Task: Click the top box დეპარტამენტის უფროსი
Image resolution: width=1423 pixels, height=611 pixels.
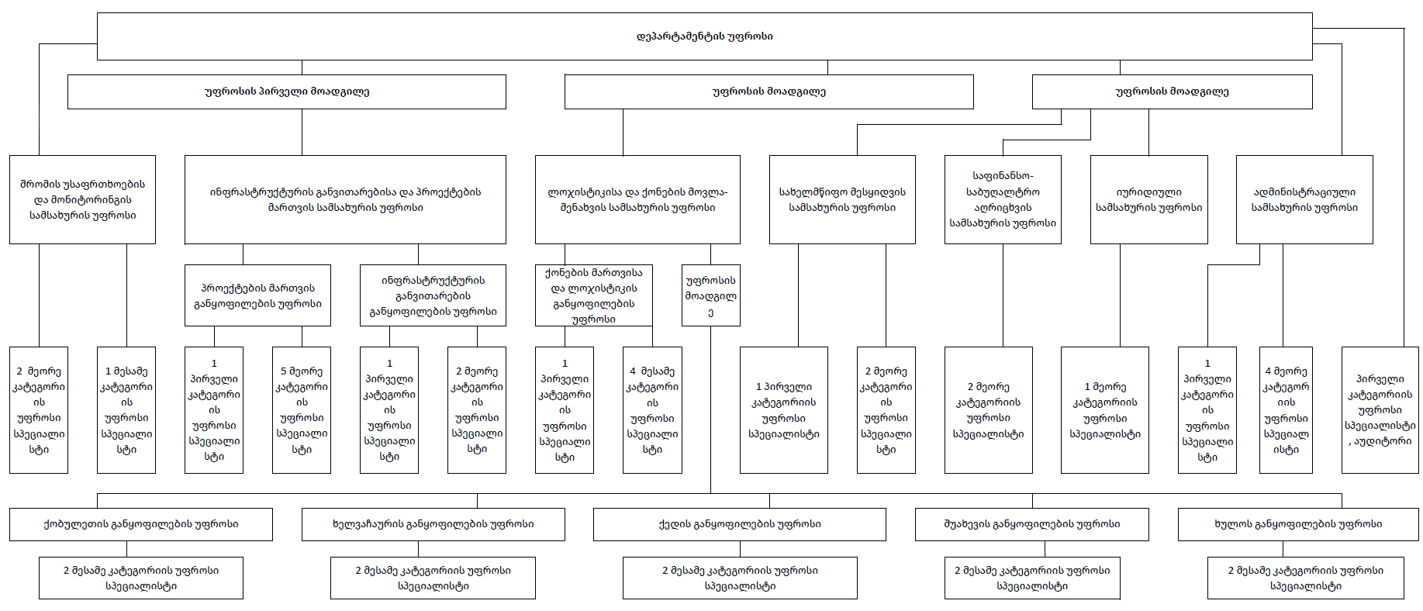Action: [704, 36]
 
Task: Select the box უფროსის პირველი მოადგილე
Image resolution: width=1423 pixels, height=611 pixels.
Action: [287, 91]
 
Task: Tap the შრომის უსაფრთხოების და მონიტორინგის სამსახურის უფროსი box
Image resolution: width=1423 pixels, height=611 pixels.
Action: [82, 199]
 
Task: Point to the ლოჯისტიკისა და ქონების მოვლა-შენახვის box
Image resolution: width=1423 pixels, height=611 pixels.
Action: [637, 199]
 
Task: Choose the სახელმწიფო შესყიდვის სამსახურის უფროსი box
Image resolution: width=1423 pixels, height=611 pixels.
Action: [842, 199]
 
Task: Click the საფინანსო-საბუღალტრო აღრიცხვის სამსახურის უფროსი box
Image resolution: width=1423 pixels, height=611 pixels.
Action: [1003, 199]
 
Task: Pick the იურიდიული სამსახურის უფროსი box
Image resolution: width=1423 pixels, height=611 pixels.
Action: [1149, 199]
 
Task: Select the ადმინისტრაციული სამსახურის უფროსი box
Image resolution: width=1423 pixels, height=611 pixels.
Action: [1304, 199]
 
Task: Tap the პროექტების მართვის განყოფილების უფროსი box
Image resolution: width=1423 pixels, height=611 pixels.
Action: [257, 295]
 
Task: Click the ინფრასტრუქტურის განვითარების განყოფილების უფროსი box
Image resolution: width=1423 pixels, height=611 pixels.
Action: [433, 295]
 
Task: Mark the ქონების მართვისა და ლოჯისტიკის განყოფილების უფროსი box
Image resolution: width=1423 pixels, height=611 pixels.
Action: [594, 295]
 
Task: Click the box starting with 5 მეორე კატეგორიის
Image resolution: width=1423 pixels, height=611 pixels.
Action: [302, 410]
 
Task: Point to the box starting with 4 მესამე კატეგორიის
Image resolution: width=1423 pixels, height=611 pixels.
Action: [652, 410]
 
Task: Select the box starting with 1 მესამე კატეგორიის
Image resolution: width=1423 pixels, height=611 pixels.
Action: [126, 410]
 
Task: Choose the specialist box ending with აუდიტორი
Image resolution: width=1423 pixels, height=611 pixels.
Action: [1380, 410]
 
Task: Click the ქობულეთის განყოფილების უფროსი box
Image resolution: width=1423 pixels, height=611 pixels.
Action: [141, 524]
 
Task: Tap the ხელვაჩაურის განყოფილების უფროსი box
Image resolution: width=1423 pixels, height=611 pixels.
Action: [433, 524]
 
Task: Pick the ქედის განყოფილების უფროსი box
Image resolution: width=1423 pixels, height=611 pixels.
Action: [740, 524]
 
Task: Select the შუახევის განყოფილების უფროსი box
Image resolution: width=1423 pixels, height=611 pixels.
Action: [1032, 524]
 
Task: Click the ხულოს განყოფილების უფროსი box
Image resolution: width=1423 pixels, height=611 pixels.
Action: [1298, 524]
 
